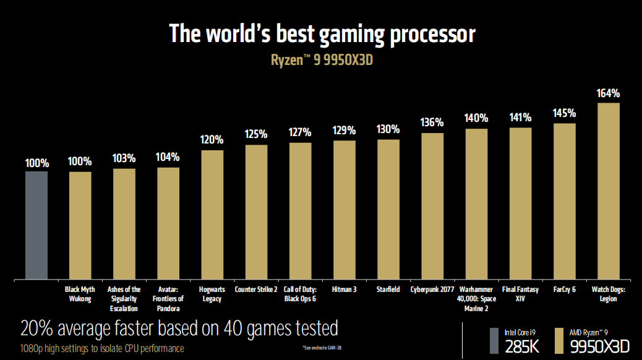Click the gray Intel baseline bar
(x=36, y=225)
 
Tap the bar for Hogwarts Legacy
(x=212, y=214)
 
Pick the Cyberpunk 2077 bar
(x=432, y=205)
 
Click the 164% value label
(x=609, y=93)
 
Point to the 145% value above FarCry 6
(x=565, y=114)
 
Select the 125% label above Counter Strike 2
(x=256, y=134)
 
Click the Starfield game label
(x=388, y=289)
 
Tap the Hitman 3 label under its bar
(x=345, y=289)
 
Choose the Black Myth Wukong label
(x=80, y=294)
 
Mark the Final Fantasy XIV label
(x=520, y=294)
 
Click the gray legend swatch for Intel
(x=494, y=340)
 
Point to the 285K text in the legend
(x=522, y=346)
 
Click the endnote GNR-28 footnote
(x=322, y=347)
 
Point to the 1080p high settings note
(x=102, y=348)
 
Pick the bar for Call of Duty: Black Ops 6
(x=301, y=210)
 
